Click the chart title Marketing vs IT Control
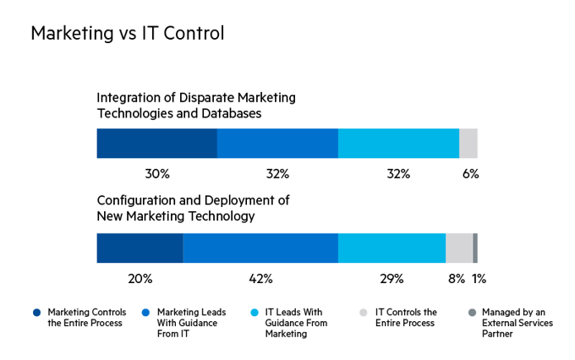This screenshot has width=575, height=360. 127,34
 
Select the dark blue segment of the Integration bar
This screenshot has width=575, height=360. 156,144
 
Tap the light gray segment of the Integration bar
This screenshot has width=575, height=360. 468,144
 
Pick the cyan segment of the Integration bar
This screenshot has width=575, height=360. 398,144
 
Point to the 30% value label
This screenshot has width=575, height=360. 157,174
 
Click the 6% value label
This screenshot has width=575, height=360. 471,174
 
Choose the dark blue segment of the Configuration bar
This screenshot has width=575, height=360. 140,248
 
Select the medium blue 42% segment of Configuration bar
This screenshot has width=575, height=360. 260,248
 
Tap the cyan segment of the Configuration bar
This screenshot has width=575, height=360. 392,248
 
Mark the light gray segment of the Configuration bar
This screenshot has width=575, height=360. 459,248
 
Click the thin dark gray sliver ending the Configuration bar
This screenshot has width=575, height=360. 475,248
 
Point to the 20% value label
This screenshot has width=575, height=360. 140,278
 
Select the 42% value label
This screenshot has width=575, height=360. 260,278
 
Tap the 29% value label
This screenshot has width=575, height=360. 392,278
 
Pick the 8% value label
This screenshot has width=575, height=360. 457,278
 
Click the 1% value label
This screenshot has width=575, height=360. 479,278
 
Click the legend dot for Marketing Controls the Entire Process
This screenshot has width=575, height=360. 37,313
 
